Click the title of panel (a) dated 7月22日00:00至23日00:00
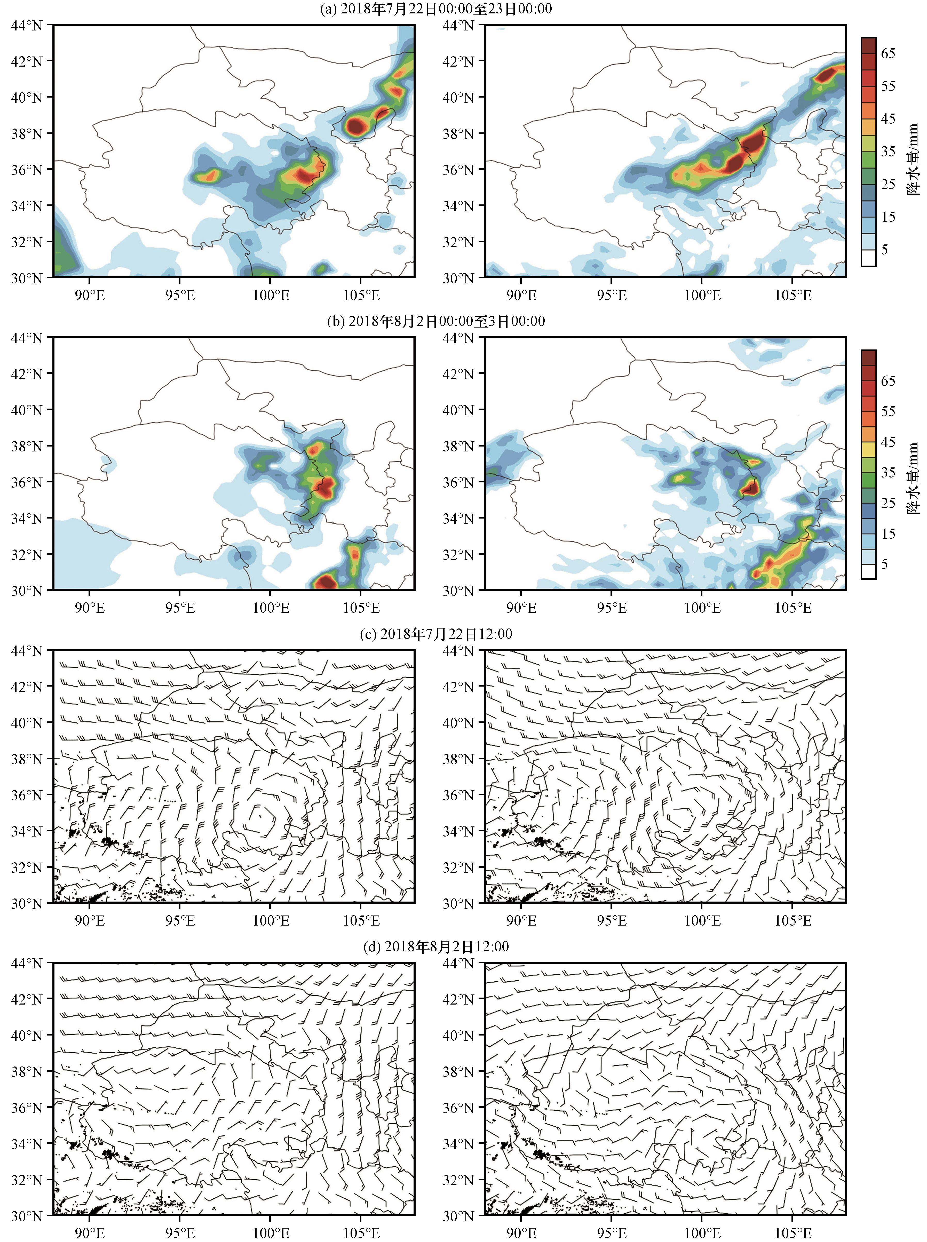tap(435, 9)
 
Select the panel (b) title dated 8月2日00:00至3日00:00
tap(435, 321)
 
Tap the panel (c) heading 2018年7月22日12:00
tap(435, 634)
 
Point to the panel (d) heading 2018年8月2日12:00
tap(435, 946)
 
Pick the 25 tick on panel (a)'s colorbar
tap(888, 184)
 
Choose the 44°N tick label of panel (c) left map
tap(27, 651)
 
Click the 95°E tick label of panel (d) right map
tap(612, 1233)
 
